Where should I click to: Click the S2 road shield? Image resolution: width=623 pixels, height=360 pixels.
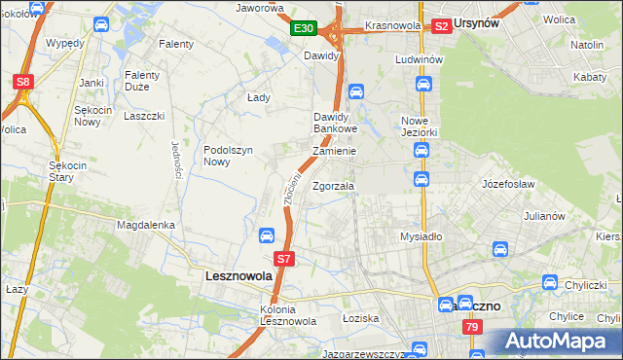(x=442, y=26)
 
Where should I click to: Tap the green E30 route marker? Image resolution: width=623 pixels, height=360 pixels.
(x=303, y=29)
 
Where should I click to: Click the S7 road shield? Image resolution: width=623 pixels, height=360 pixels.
(x=283, y=259)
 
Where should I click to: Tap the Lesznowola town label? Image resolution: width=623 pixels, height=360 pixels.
(x=238, y=276)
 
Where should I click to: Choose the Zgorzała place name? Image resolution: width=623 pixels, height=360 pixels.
(x=334, y=186)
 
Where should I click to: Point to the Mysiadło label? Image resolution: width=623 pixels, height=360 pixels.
(x=421, y=236)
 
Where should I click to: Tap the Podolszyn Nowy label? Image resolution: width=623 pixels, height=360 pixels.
(x=230, y=156)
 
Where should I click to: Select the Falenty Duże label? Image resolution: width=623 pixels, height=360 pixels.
(x=149, y=80)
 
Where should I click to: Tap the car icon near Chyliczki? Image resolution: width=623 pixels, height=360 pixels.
(x=551, y=284)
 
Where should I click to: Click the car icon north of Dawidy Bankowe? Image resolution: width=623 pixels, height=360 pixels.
(x=356, y=91)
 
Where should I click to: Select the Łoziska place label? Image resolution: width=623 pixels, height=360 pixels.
(x=359, y=318)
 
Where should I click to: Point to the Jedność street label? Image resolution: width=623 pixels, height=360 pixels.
(x=177, y=158)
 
